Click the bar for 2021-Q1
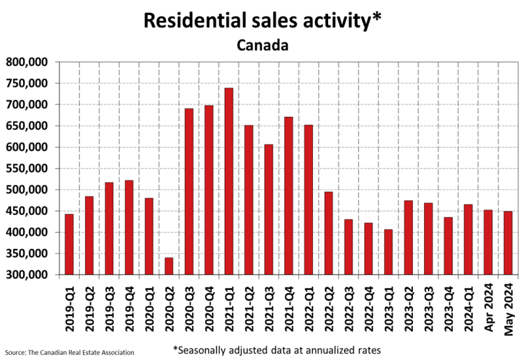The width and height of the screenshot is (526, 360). click(x=229, y=181)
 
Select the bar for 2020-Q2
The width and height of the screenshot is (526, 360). click(x=169, y=266)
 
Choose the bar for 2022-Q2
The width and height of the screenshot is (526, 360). click(x=329, y=233)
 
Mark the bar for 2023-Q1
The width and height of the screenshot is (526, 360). click(x=388, y=252)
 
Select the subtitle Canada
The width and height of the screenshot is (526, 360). click(x=262, y=46)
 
